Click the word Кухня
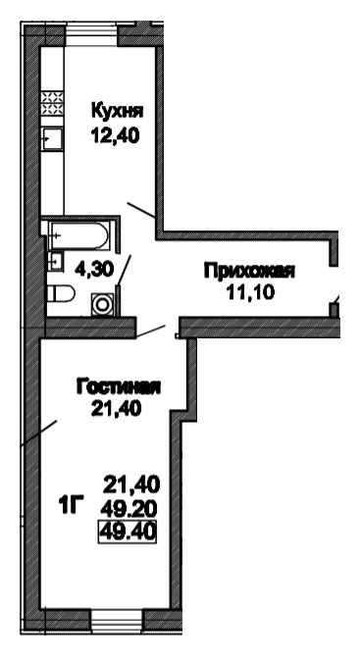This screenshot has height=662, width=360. pyautogui.click(x=118, y=112)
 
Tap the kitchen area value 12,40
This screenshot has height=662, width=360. pyautogui.click(x=115, y=136)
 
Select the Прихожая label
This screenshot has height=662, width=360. pyautogui.click(x=249, y=271)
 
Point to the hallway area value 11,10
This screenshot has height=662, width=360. pyautogui.click(x=251, y=291)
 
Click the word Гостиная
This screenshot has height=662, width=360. pyautogui.click(x=118, y=387)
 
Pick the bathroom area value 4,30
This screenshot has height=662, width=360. pyautogui.click(x=94, y=269)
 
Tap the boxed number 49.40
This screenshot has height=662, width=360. pyautogui.click(x=128, y=532)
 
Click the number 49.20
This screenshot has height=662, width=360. pyautogui.click(x=129, y=509)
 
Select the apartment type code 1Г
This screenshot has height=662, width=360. pyautogui.click(x=71, y=505)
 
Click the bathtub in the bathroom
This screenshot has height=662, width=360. pyautogui.click(x=79, y=235)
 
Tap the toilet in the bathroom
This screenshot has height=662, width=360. pyautogui.click(x=60, y=293)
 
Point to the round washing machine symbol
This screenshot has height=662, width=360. pyautogui.click(x=103, y=304)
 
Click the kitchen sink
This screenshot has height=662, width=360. pyautogui.click(x=52, y=139)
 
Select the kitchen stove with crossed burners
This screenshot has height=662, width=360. pyautogui.click(x=52, y=103)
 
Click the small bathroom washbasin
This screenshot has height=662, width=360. pyautogui.click(x=55, y=261)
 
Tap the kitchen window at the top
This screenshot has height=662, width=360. pyautogui.click(x=91, y=33)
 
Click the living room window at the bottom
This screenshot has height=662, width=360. pyautogui.click(x=117, y=620)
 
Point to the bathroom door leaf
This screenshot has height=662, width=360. pyautogui.click(x=124, y=271)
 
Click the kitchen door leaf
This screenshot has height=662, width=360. pyautogui.click(x=141, y=210)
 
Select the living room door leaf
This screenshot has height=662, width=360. pyautogui.click(x=151, y=331)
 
